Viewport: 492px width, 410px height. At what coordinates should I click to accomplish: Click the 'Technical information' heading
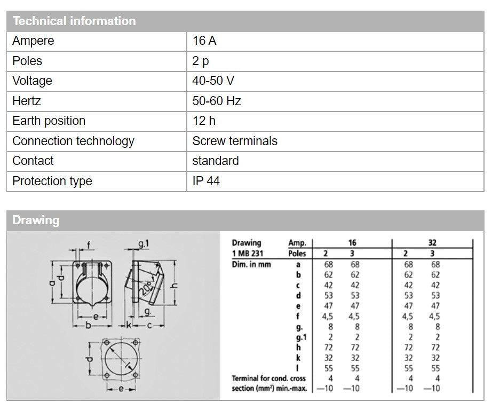point(74,21)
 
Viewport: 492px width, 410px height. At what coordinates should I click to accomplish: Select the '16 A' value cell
point(204,41)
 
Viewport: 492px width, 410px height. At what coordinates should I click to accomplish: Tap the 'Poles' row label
point(27,61)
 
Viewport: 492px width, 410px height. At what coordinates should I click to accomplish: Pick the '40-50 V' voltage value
point(213,81)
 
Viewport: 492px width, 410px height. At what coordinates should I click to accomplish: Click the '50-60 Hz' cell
point(217,101)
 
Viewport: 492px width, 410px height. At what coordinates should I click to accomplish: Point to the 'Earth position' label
point(49,121)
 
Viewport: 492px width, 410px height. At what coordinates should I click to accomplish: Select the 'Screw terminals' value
point(235,141)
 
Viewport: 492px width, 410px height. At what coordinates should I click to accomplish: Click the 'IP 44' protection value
point(206,181)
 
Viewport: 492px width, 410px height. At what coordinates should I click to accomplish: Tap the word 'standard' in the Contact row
point(216,161)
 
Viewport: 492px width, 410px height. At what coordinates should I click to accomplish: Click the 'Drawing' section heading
point(36,220)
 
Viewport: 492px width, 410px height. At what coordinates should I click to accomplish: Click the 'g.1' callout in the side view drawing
point(144,245)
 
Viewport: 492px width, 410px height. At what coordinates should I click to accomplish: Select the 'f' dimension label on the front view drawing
point(89,246)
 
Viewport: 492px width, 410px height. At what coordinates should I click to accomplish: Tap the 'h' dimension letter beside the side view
point(174,285)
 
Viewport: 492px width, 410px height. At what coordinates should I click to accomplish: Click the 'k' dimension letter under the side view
point(129,324)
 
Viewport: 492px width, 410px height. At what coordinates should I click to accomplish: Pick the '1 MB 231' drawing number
point(248,254)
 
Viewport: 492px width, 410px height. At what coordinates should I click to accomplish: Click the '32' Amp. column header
point(432,243)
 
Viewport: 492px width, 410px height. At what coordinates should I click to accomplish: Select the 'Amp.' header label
point(297,243)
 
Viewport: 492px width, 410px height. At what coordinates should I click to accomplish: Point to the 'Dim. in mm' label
point(251,264)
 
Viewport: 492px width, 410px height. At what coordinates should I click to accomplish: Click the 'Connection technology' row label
point(73,141)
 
